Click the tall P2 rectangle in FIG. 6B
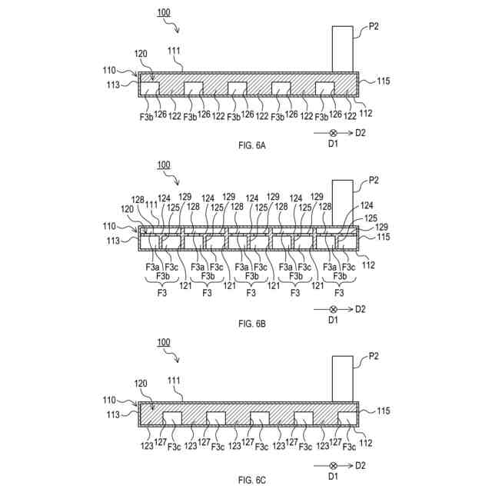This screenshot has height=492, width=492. click(x=343, y=201)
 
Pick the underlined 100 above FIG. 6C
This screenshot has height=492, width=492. click(x=163, y=342)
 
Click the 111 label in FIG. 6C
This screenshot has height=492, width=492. click(x=175, y=381)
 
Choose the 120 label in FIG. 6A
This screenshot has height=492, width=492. click(x=141, y=55)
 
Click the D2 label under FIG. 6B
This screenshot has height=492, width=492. click(x=359, y=310)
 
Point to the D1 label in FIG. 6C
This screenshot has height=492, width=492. click(x=333, y=477)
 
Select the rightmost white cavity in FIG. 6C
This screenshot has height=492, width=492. click(x=348, y=418)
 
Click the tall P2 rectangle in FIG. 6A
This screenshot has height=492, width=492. click(x=343, y=48)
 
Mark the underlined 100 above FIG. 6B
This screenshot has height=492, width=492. click(x=163, y=165)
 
